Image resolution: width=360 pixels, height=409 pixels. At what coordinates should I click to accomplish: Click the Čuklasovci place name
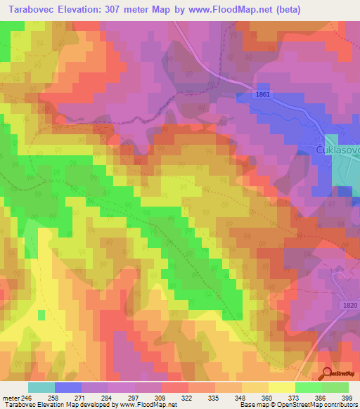point(337,150)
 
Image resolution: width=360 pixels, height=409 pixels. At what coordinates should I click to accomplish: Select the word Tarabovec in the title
point(32,11)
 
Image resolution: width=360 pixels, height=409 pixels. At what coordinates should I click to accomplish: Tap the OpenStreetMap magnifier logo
point(328,374)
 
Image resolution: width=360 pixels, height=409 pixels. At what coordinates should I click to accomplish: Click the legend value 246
point(26,397)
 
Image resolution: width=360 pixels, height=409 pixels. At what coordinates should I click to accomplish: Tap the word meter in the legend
point(9,397)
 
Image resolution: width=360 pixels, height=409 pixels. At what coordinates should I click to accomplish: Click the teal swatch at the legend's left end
point(41,387)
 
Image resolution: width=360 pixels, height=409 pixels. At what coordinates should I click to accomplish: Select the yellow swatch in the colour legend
point(281,387)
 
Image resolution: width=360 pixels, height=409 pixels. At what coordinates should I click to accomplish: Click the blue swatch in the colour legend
point(67,387)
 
